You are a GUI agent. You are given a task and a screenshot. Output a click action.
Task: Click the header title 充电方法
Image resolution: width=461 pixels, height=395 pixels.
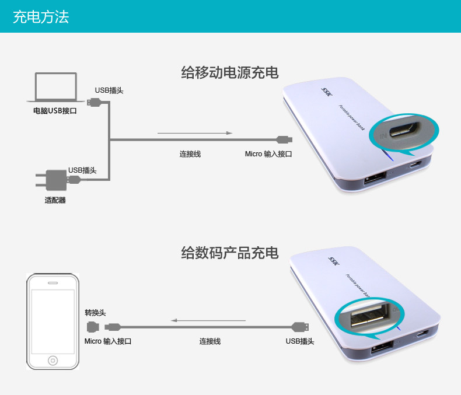[41, 16]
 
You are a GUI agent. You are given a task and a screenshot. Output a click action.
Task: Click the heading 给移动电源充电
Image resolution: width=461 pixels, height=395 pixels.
[230, 73]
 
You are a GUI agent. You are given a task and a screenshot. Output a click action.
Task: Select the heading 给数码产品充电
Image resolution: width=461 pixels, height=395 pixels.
[230, 253]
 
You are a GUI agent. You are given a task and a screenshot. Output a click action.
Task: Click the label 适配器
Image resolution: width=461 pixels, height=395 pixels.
[55, 200]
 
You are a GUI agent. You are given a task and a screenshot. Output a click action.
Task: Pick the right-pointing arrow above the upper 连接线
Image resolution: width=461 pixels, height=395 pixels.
[195, 134]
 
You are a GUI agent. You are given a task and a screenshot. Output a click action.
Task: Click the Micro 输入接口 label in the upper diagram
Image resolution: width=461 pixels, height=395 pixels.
[268, 154]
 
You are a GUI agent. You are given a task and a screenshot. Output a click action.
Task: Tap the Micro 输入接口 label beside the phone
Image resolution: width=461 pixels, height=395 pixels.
[107, 341]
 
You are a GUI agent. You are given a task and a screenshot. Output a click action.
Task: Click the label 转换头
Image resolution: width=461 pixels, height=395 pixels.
[95, 313]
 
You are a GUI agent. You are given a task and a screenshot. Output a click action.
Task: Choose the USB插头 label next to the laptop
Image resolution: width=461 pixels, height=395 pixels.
[109, 90]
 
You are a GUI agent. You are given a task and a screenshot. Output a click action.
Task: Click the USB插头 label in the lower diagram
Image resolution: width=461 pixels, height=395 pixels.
[300, 341]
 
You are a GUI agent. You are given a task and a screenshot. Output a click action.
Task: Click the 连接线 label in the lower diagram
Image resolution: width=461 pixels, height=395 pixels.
[210, 341]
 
